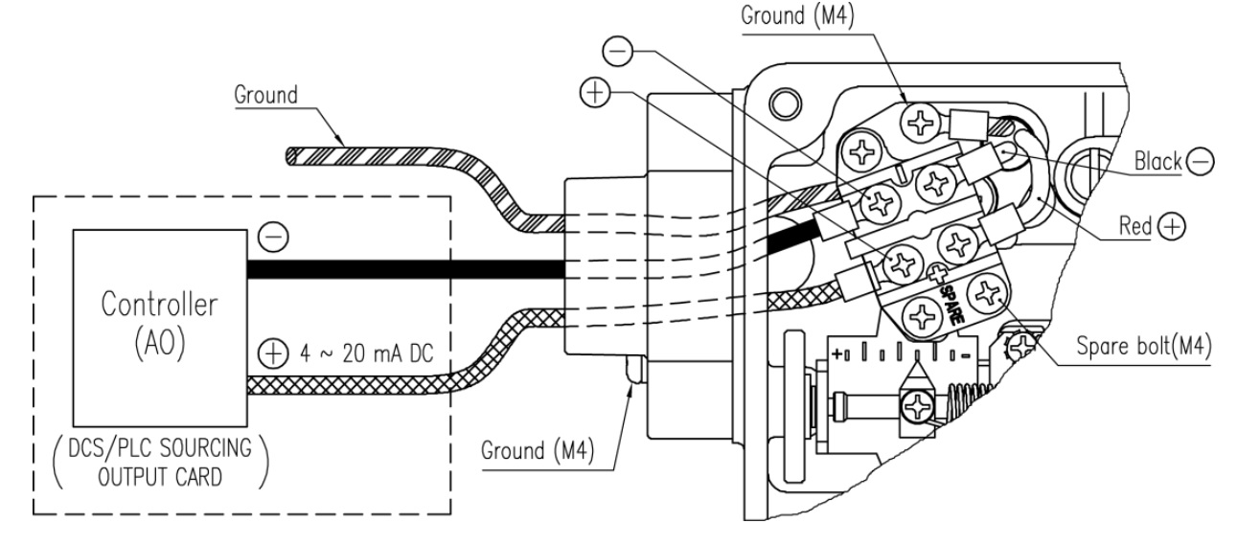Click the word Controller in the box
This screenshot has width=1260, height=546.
point(159,305)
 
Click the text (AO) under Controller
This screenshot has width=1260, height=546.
point(160,342)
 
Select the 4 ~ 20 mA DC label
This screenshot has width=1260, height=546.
point(367,353)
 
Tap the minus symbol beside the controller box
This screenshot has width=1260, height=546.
point(273,237)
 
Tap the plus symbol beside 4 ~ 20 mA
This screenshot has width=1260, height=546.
point(273,353)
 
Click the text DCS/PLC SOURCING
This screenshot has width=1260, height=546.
point(160,448)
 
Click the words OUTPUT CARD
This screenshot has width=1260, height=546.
point(160,477)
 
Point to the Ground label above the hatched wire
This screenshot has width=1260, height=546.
point(265,95)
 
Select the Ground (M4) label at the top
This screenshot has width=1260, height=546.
point(797,15)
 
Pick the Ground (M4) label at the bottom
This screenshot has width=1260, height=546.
point(538,451)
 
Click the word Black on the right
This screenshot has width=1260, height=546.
point(1158,161)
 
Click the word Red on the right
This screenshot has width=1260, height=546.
point(1135,226)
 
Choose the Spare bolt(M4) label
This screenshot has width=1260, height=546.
point(1144,345)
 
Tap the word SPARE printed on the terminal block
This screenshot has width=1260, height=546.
point(952,305)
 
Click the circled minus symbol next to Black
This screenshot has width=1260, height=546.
point(1200,161)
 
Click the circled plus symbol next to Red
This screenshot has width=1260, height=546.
point(1172,226)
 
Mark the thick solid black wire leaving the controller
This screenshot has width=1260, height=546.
point(405,269)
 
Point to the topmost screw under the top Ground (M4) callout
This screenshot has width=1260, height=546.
point(920,122)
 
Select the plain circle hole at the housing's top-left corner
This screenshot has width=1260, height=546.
point(785,103)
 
